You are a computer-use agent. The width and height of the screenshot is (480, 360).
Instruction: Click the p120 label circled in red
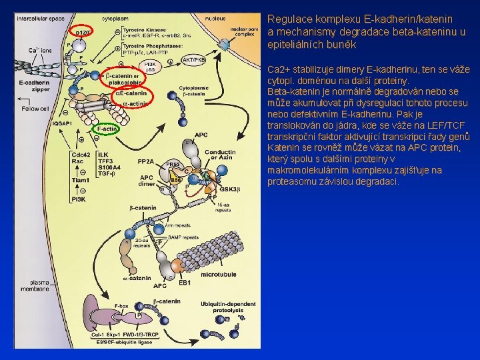coord(83,31)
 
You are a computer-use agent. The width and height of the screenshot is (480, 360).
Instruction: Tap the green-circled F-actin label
coord(107,129)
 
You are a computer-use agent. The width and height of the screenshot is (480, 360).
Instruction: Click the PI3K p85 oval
coord(151,65)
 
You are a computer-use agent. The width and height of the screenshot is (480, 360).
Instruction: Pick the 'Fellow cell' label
coord(34,108)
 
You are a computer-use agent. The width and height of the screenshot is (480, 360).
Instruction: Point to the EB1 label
coord(185,283)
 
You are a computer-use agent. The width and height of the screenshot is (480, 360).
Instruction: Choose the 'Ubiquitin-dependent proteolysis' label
coord(227,307)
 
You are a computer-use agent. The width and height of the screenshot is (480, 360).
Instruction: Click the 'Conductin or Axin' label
coord(220,155)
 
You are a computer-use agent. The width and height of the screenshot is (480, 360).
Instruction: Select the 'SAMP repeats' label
coord(183,237)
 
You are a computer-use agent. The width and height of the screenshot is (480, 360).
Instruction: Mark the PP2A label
coord(146,161)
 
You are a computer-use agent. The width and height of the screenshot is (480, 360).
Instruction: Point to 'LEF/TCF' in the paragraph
coord(435,125)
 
